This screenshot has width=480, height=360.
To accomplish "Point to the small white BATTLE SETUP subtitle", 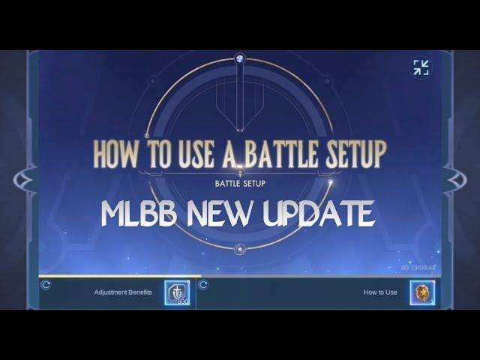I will coord(240,182).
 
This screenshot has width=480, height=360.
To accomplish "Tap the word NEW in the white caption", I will coord(223,214).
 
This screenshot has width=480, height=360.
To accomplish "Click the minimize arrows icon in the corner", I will coord(421,67).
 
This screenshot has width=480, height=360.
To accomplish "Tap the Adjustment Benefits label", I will coord(123,292).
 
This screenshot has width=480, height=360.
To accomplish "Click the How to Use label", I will coord(380,292).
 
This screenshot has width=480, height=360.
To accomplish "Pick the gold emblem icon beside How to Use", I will coord(422,292).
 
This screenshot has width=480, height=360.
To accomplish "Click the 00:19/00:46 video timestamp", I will coord(418,268).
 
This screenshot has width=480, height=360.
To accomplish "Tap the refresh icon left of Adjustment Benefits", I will coord(46,285).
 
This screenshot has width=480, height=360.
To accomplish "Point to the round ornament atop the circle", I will coord(239,58).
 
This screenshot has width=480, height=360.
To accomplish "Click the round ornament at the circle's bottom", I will coord(239,249).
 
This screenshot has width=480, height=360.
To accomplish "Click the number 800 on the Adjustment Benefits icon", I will coord(183,301).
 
